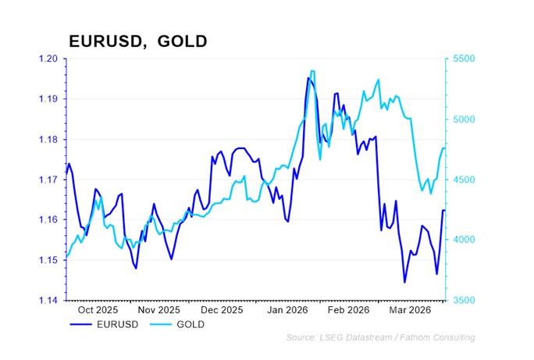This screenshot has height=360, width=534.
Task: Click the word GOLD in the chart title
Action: (x=182, y=41)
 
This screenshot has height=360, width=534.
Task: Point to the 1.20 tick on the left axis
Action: (x=48, y=59)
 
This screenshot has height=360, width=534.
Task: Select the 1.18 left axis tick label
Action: (x=48, y=140)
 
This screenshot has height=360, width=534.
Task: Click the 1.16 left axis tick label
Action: (x=48, y=220)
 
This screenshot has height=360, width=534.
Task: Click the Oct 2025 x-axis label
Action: (x=97, y=310)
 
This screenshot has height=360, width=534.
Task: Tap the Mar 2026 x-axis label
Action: (x=405, y=310)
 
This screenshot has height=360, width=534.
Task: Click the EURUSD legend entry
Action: (x=114, y=323)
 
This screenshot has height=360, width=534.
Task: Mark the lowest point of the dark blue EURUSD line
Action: (x=404, y=282)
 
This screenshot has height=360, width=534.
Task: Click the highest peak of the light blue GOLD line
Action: (x=312, y=71)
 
